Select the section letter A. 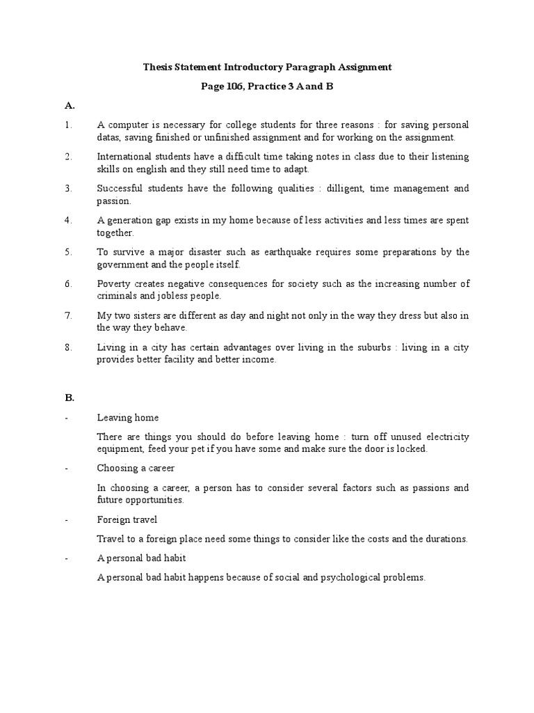pos(69,106)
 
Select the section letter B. pos(69,398)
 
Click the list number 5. pos(68,252)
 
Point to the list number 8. pos(68,347)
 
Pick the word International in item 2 pos(123,157)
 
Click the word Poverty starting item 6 pos(113,284)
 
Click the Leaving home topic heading pos(128,418)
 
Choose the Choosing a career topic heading pos(136,468)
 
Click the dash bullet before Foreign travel pos(66,519)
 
